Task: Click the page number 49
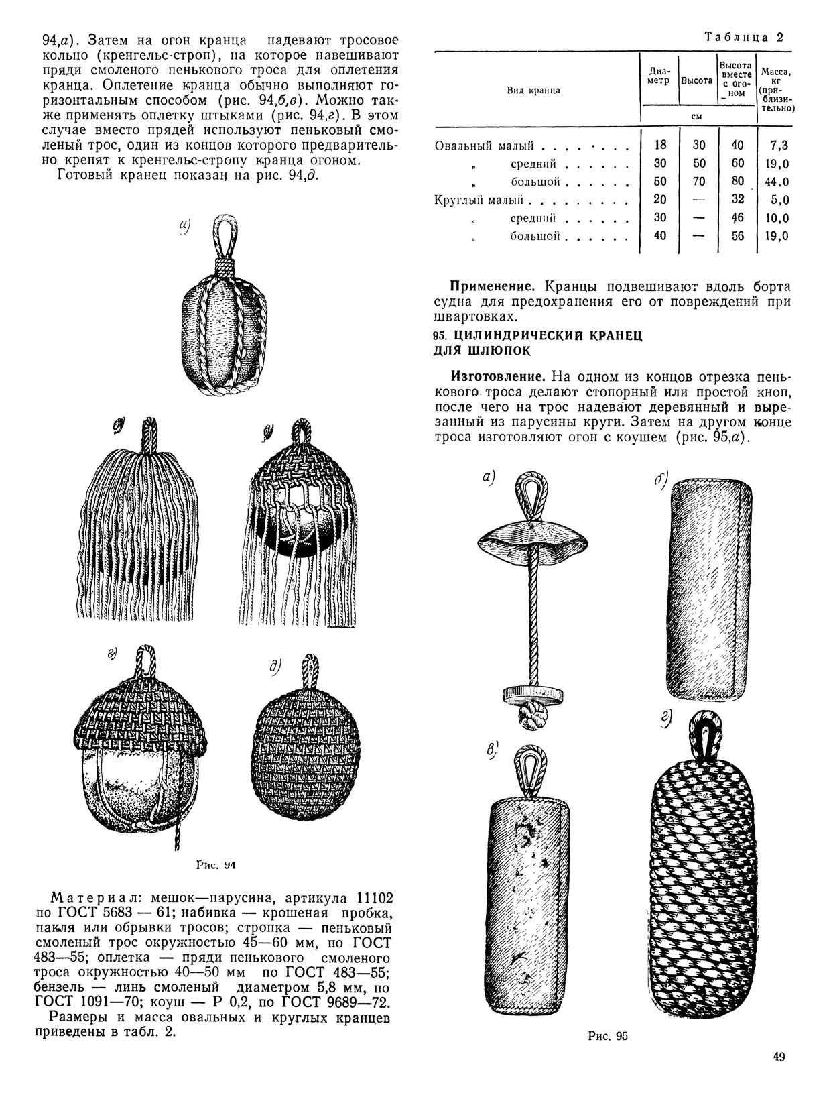[778, 1057]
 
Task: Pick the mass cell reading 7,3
[779, 146]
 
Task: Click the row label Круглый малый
[479, 200]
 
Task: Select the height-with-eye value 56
[737, 236]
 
